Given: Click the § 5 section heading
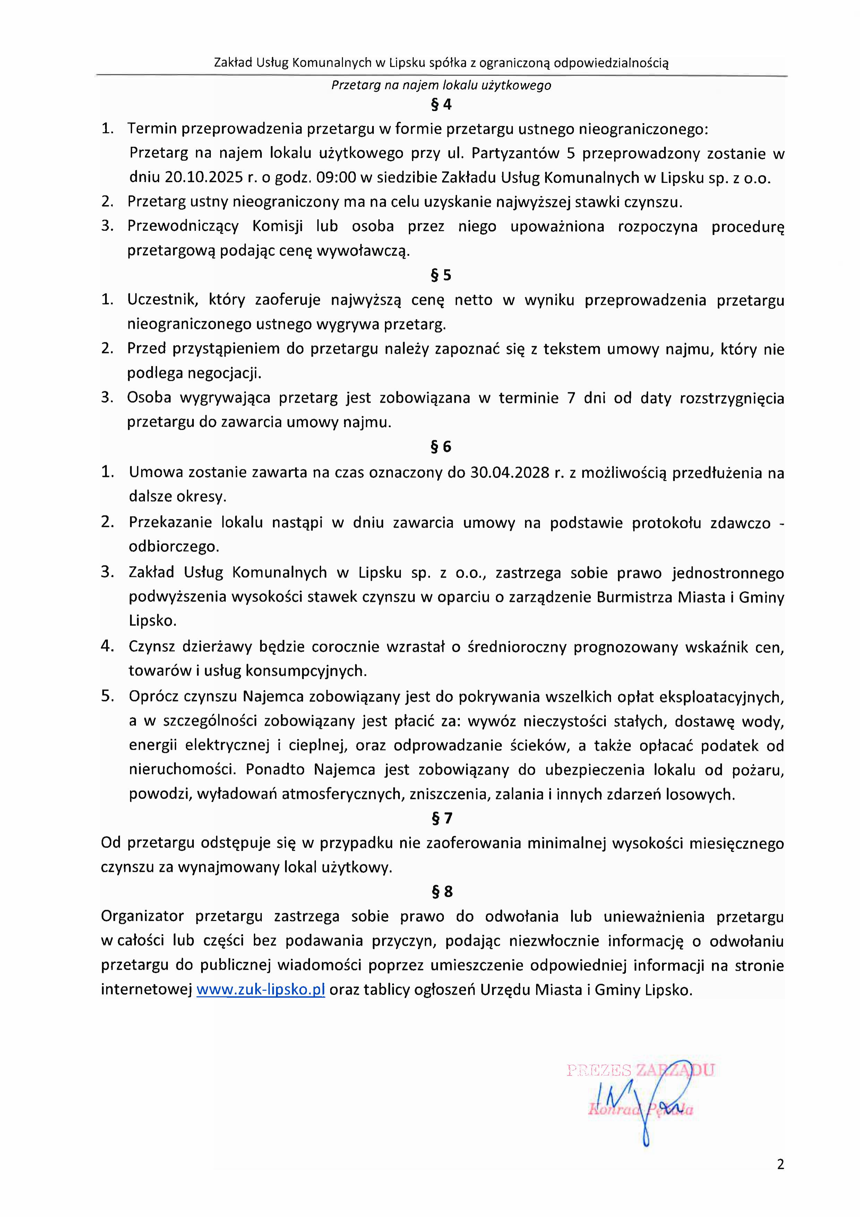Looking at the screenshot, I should point(441,275).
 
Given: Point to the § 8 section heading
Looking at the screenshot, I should point(441,892).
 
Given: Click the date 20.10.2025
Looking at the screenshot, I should point(204,178).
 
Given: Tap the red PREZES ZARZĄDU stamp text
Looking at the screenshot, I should point(640,1070).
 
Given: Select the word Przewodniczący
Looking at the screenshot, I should point(183,226).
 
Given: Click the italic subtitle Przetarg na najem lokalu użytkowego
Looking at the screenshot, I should point(441,85).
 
